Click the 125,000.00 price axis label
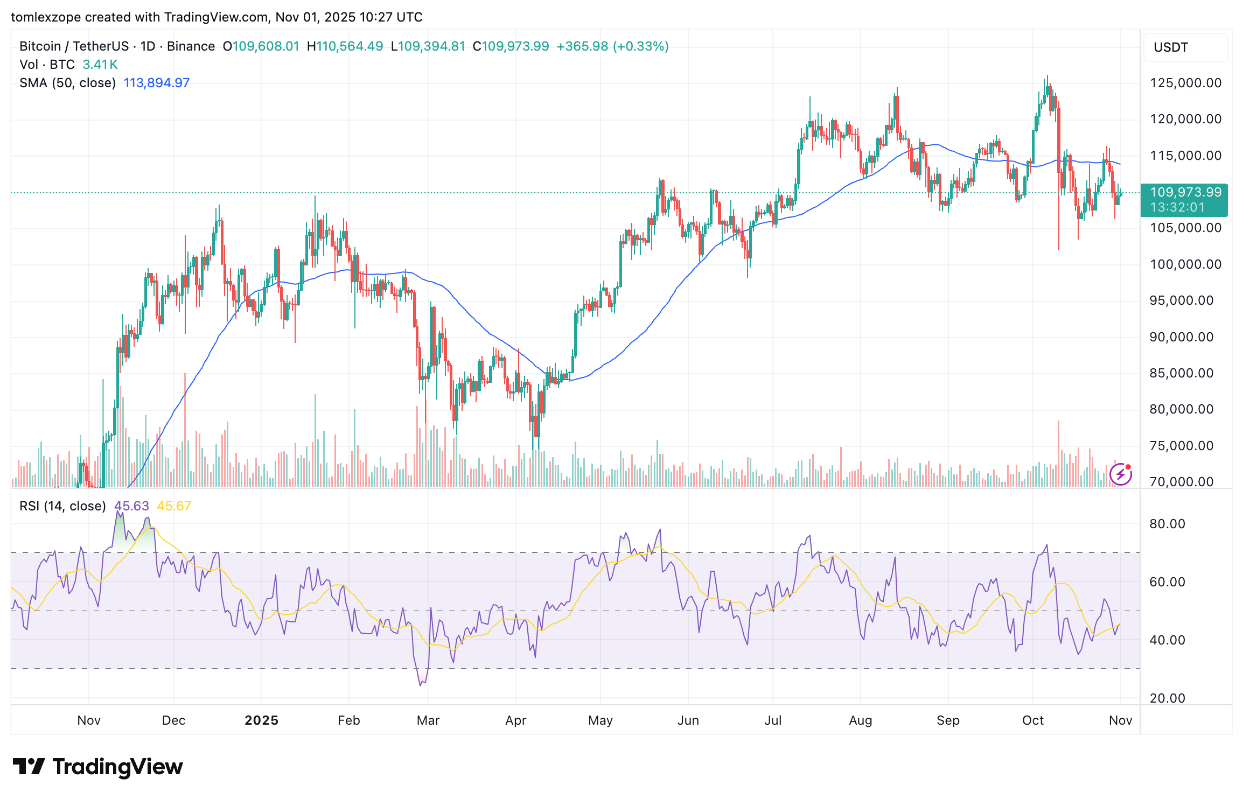(1185, 83)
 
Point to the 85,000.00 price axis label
(1182, 373)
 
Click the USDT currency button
(1171, 47)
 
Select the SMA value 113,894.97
(156, 83)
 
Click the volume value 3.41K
(100, 65)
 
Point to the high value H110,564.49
(345, 46)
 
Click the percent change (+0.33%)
(640, 46)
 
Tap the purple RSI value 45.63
(131, 506)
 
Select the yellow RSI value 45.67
(173, 506)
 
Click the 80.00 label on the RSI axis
(1167, 524)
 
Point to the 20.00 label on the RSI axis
(1167, 698)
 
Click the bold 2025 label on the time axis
(261, 720)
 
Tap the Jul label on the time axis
(773, 720)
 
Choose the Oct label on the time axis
(1032, 720)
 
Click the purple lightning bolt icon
(1120, 474)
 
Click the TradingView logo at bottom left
(97, 767)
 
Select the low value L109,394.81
(428, 46)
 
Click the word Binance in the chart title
(191, 46)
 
